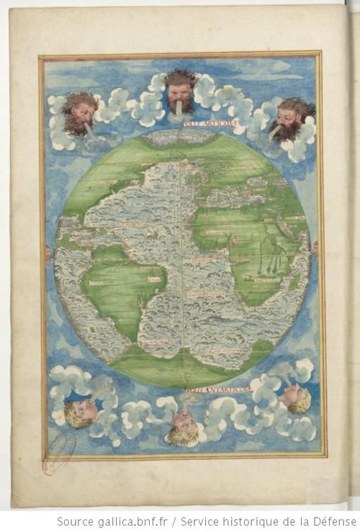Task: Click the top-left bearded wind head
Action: click(x=78, y=113)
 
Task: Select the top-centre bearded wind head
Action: click(x=180, y=89)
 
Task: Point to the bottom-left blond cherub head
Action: click(x=80, y=413)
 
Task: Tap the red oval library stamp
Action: click(x=59, y=454)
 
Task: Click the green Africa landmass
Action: click(x=245, y=245)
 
